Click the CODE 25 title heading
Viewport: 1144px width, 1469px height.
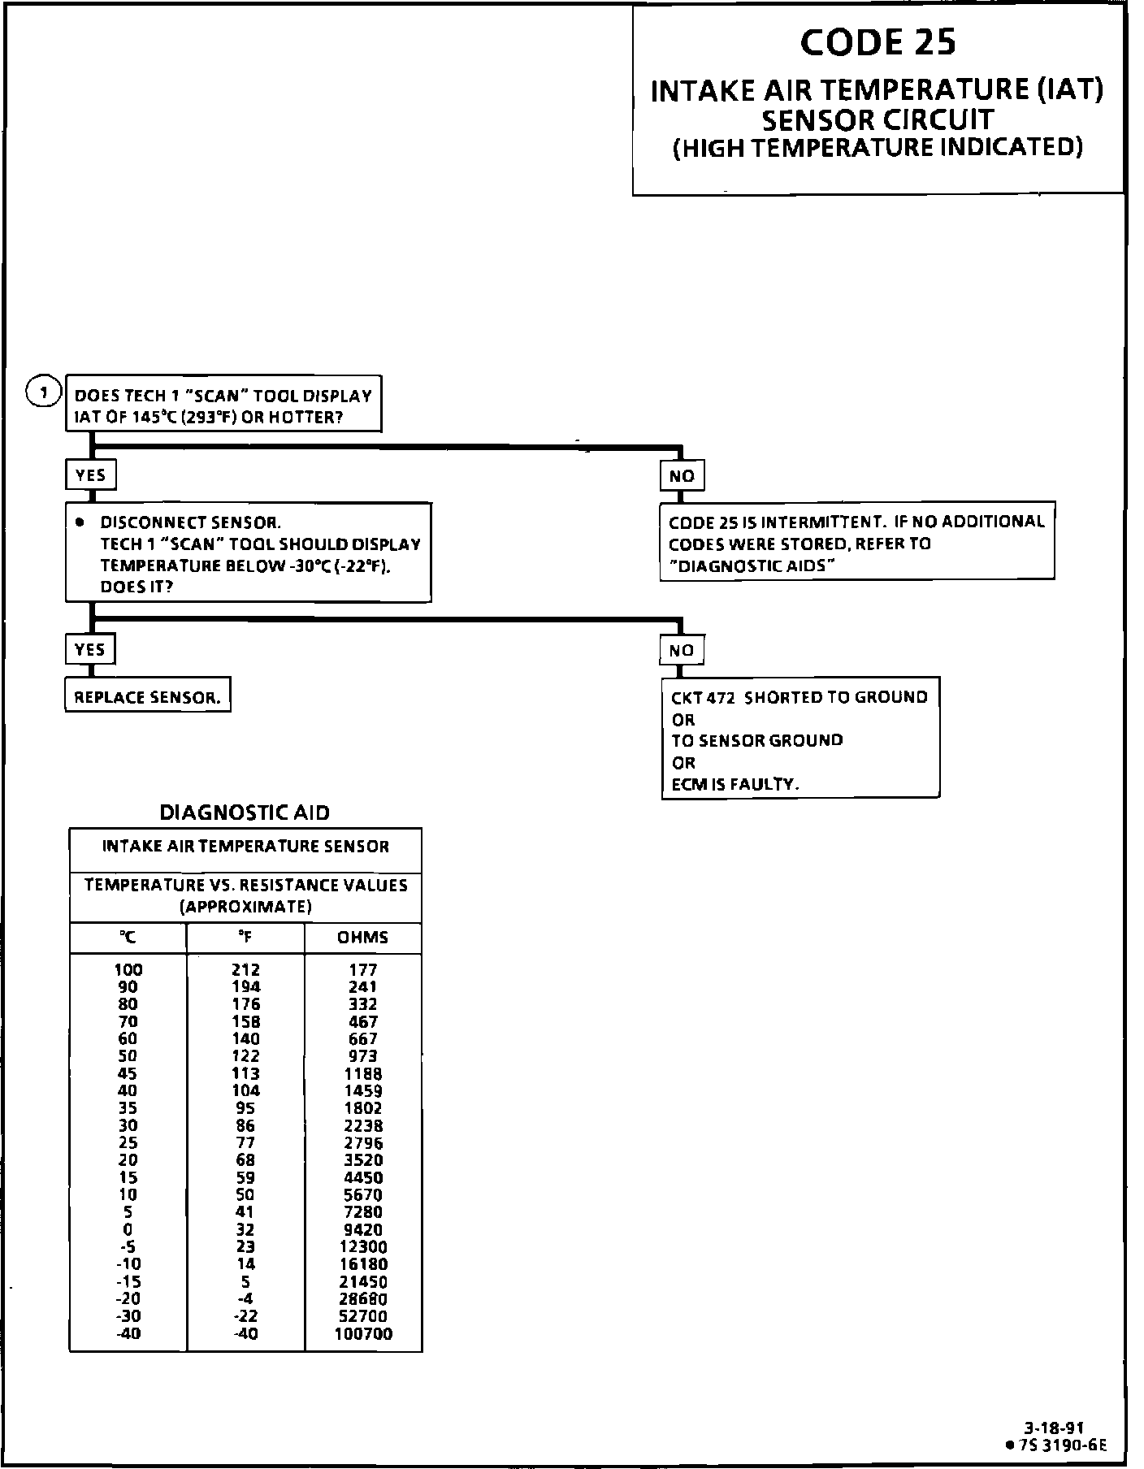click(877, 43)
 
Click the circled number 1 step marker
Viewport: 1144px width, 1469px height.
click(45, 393)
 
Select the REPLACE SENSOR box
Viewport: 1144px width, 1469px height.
click(147, 697)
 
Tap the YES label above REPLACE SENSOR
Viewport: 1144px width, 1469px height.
click(90, 650)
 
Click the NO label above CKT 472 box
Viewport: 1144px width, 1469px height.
click(682, 650)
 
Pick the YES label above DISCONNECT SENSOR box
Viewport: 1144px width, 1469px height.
click(90, 475)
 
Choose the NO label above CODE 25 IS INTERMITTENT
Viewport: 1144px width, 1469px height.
click(682, 476)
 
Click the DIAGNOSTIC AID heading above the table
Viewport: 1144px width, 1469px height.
click(245, 812)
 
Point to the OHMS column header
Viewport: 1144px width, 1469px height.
click(362, 938)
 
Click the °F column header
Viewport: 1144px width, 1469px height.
click(245, 938)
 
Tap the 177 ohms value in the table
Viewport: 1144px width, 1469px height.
click(362, 969)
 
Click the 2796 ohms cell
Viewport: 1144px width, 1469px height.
click(362, 1143)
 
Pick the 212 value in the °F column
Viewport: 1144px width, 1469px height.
click(245, 969)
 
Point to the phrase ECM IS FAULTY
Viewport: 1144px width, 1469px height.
click(734, 784)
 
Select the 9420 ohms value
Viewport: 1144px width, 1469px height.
click(362, 1230)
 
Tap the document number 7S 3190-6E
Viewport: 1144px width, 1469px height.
click(1060, 1445)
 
